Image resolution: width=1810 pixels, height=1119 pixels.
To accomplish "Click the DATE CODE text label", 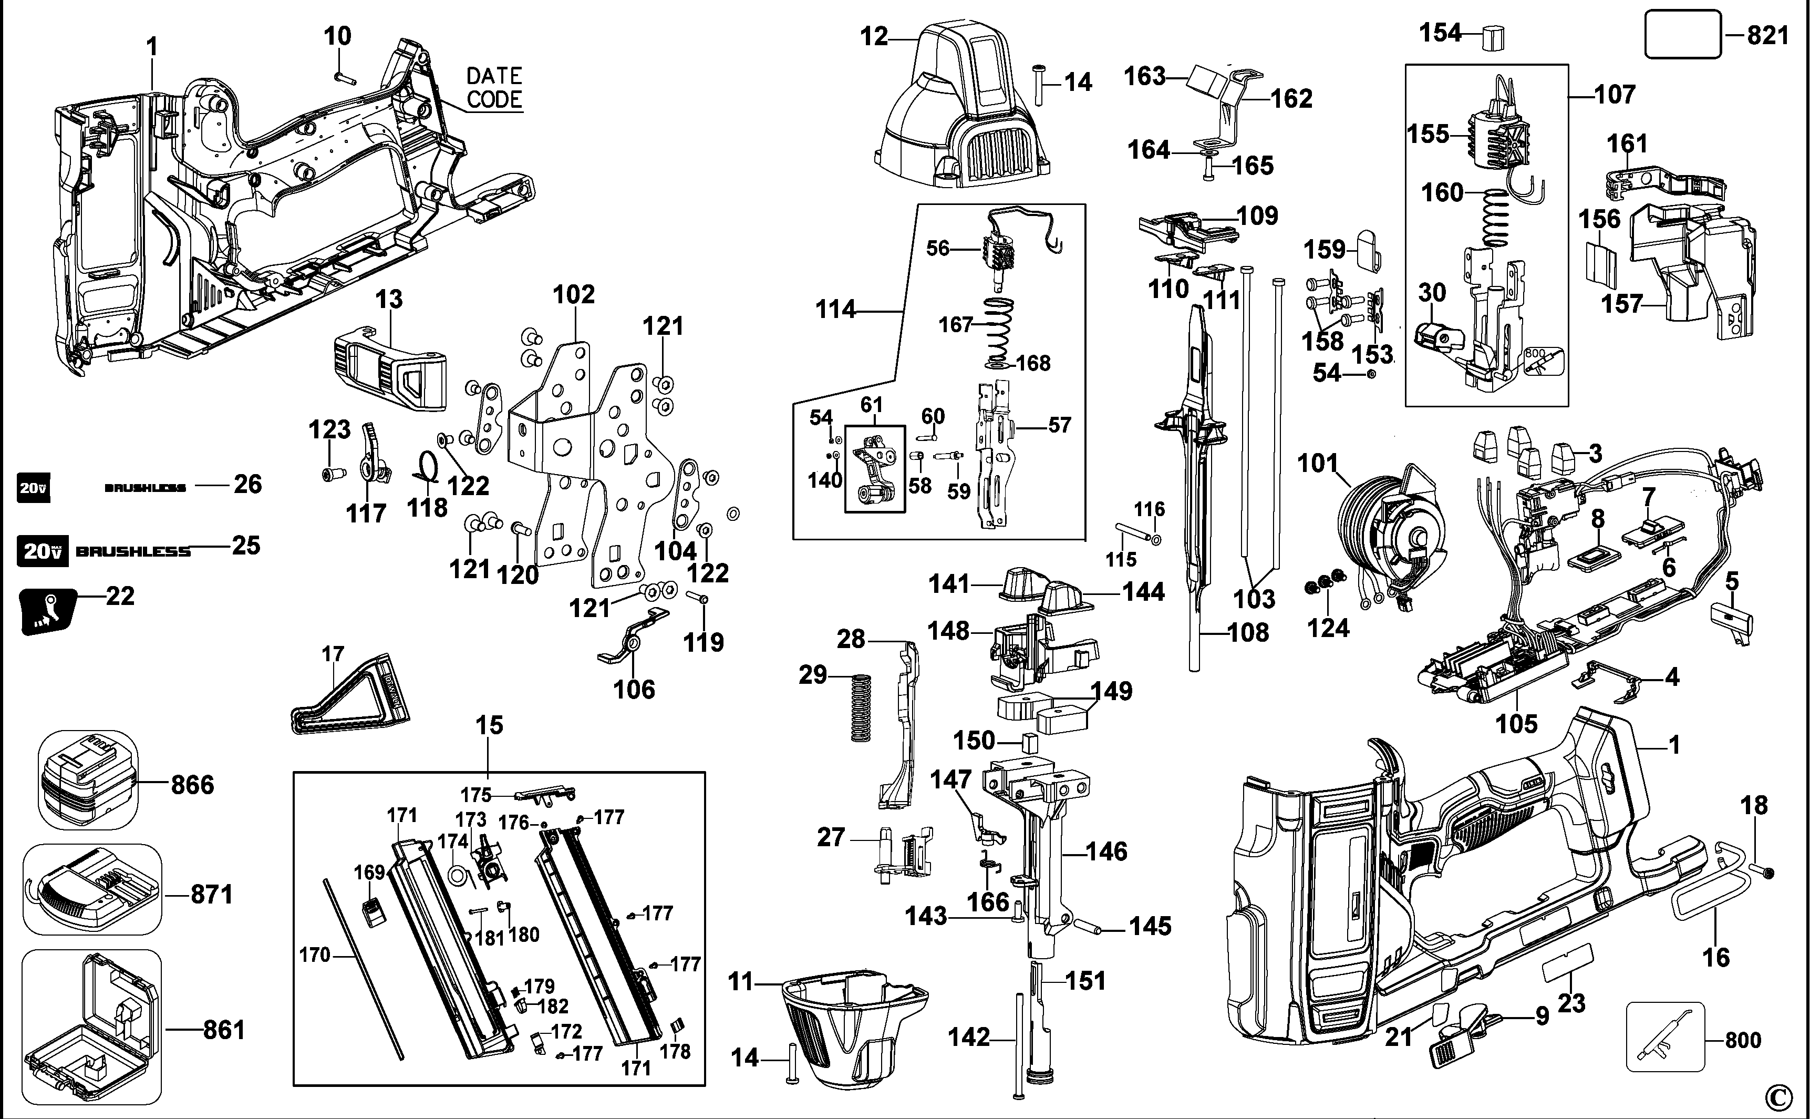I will [494, 87].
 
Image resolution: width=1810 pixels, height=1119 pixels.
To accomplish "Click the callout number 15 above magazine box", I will [489, 725].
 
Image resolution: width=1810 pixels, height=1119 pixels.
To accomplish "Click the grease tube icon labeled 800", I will [1665, 1036].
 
